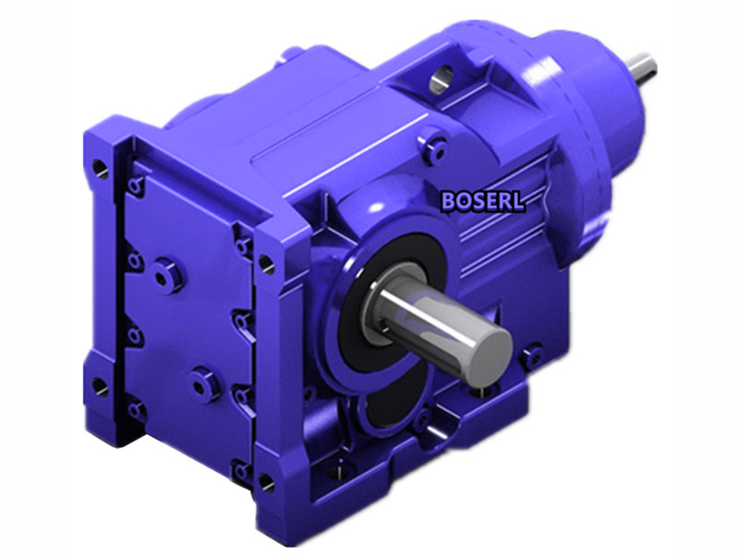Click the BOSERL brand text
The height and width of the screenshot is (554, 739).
click(482, 201)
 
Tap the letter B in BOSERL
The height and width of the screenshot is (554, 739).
click(448, 201)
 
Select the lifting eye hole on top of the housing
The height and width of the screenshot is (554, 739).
click(442, 78)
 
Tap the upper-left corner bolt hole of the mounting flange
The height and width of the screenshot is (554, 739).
click(100, 168)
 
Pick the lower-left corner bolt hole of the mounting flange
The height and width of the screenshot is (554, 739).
click(100, 386)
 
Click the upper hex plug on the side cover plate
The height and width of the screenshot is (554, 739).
click(164, 276)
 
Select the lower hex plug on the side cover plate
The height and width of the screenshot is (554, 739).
click(200, 384)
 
